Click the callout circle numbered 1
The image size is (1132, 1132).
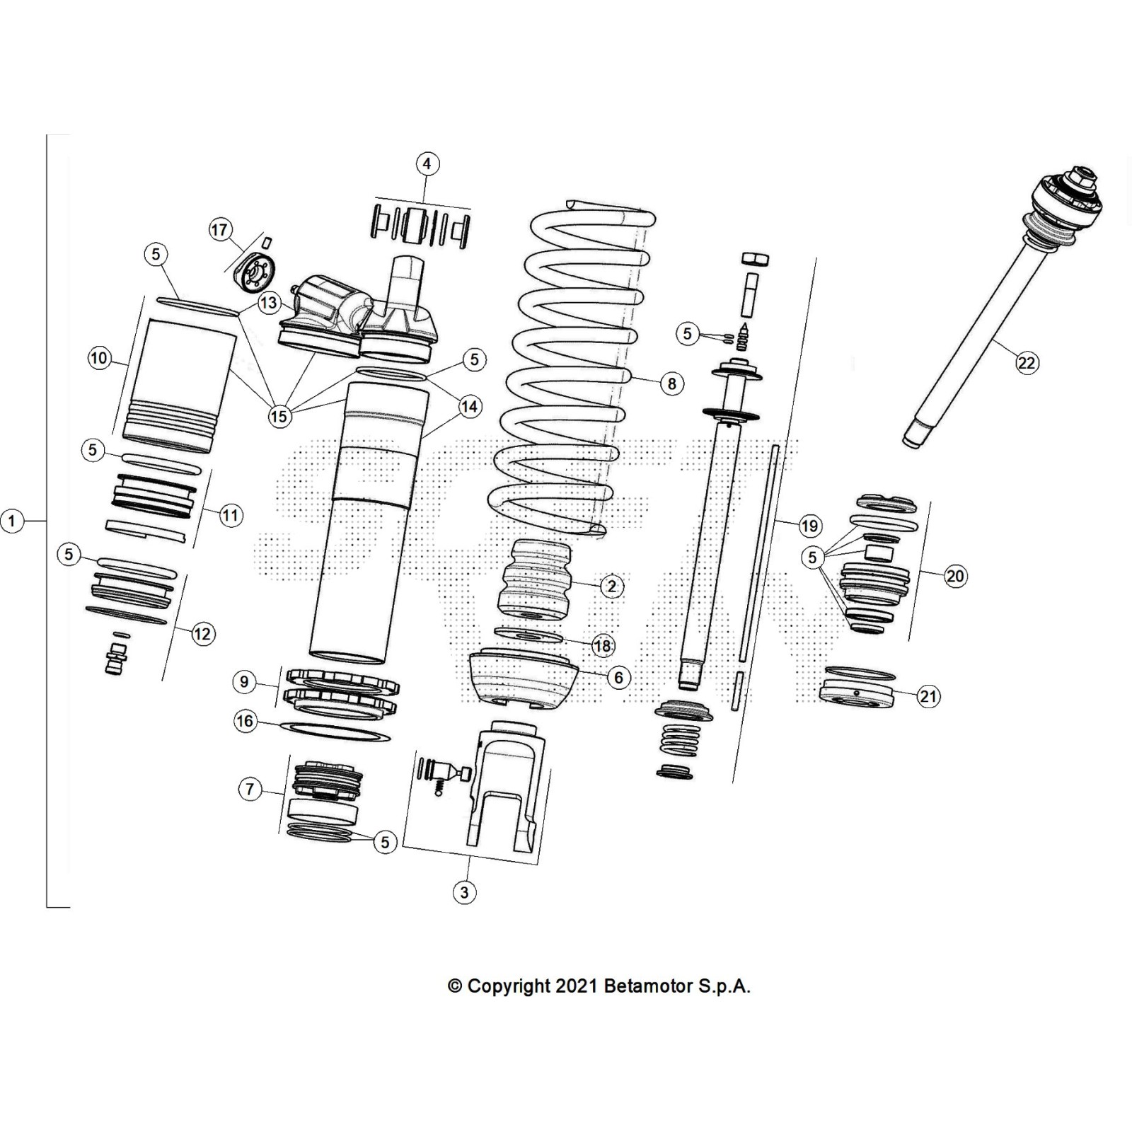coord(12,521)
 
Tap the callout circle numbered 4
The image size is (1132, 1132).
coord(427,164)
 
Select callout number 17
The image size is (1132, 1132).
coord(219,229)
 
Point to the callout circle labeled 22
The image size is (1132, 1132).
coord(1026,363)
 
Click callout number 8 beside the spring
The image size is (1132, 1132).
coord(671,383)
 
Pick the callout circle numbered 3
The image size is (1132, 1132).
coord(464,892)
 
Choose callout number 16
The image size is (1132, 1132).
coord(245,722)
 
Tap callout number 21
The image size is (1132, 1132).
coord(928,696)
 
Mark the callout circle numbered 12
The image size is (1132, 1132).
coord(202,633)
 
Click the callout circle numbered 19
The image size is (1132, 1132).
coord(809,526)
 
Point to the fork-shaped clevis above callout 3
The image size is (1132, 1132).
coord(508,785)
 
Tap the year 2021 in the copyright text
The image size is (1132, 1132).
coord(577,986)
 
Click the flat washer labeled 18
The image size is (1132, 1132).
coord(528,635)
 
